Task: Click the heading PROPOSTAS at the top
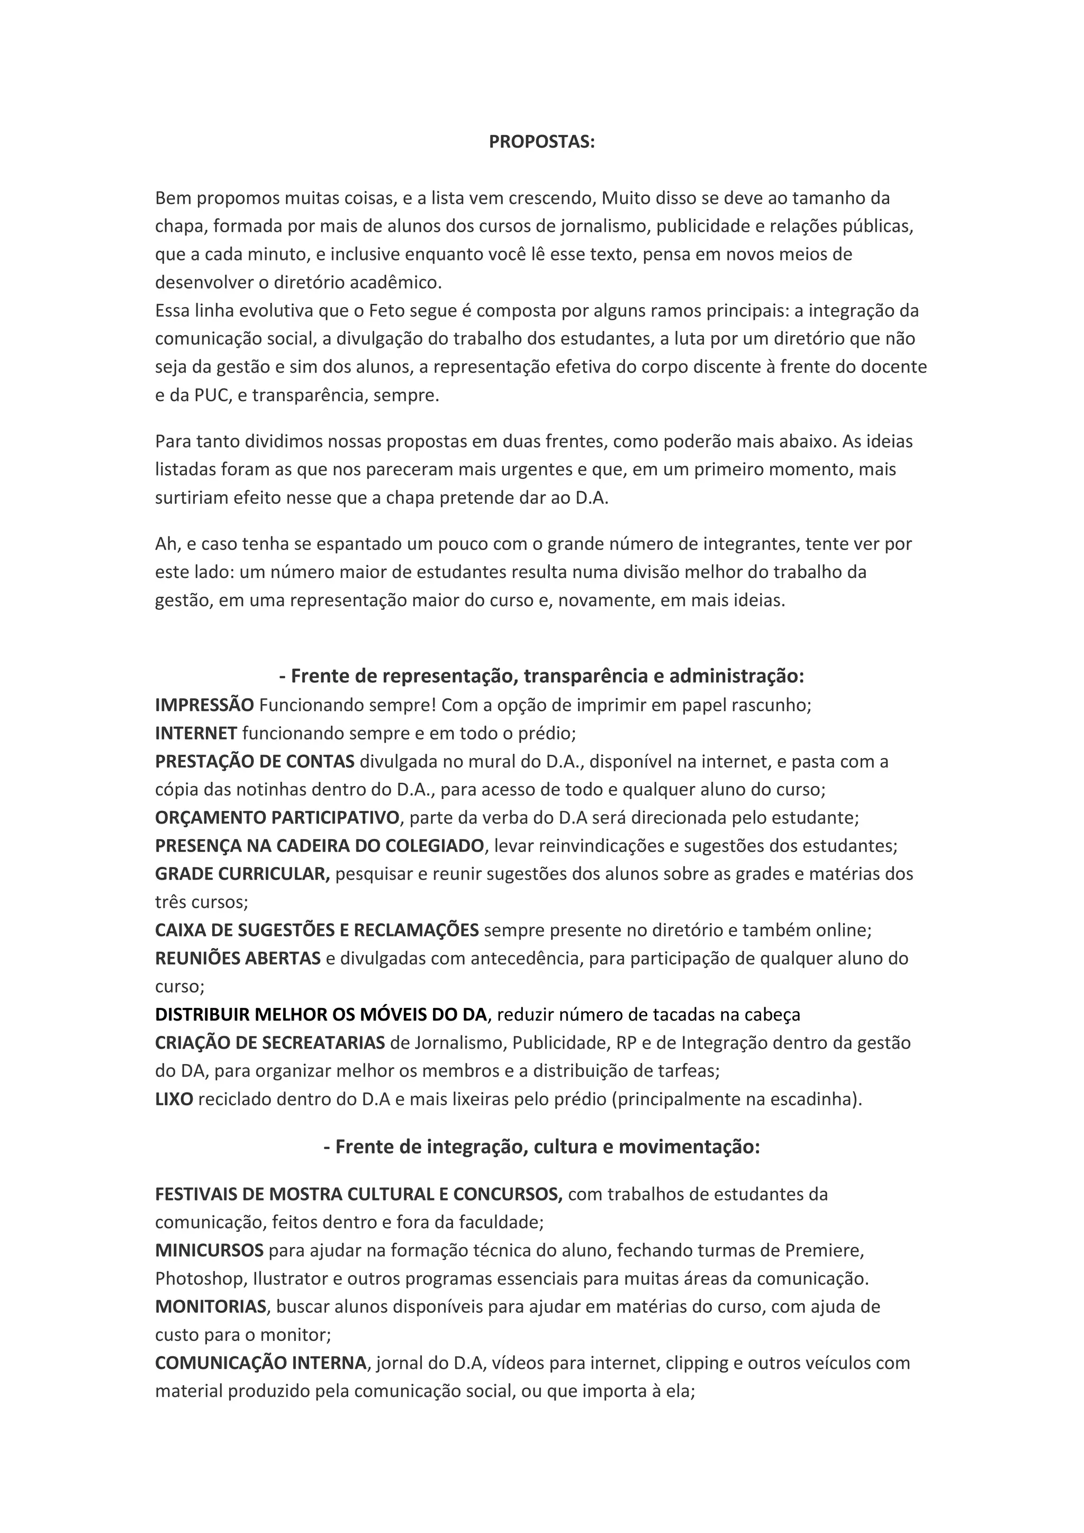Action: point(541,142)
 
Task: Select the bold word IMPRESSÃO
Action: point(204,705)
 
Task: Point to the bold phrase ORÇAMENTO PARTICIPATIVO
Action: point(277,818)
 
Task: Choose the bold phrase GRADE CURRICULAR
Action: point(242,874)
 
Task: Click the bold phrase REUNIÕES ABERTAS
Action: point(238,959)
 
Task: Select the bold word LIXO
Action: point(174,1099)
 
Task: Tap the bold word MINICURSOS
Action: point(209,1250)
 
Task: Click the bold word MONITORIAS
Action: point(211,1306)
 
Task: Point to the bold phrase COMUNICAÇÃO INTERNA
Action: point(260,1363)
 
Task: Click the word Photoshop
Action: point(200,1278)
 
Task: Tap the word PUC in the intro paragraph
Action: point(211,395)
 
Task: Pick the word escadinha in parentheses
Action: point(810,1099)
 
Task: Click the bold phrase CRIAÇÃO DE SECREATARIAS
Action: point(269,1043)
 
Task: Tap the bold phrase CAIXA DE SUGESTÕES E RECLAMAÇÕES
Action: point(317,930)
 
